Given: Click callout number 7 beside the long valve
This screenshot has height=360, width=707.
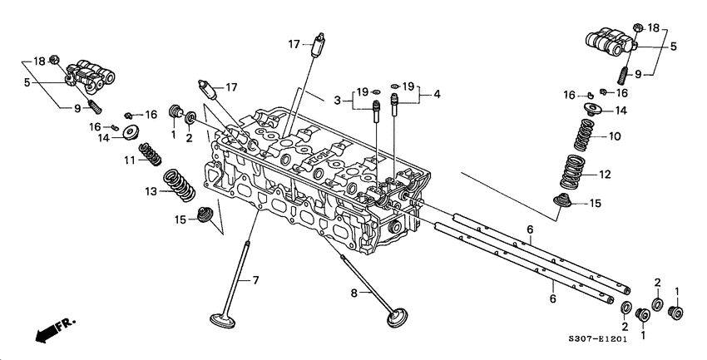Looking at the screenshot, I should click(x=256, y=280).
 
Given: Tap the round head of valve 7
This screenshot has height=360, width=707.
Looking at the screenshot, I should click(x=222, y=318).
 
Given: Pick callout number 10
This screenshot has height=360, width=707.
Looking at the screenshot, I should click(x=615, y=136).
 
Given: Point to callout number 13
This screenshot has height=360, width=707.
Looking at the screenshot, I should click(x=150, y=191).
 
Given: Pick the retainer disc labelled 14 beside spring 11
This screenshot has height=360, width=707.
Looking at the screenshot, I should click(x=131, y=131).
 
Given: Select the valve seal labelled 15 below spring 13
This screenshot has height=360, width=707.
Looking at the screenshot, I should click(x=201, y=219).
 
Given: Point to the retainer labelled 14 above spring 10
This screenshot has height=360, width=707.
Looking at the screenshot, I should click(x=591, y=108).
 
